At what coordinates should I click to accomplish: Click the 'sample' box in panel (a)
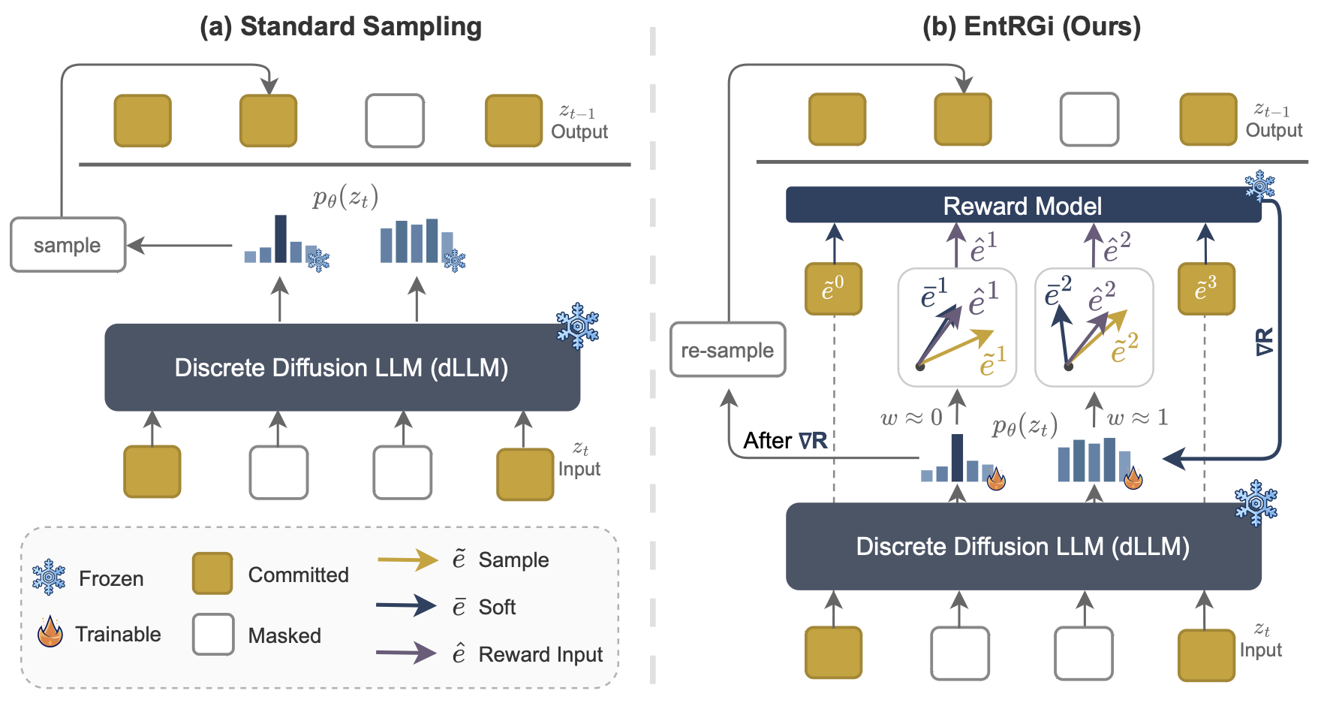tap(68, 245)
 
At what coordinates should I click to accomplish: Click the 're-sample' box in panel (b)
tap(727, 350)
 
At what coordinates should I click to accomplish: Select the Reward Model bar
tap(1022, 205)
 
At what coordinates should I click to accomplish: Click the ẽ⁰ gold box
tap(833, 288)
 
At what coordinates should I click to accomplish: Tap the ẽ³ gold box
tap(1205, 288)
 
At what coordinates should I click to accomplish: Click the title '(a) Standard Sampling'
tap(340, 26)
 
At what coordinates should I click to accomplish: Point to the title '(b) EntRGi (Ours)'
tap(1031, 26)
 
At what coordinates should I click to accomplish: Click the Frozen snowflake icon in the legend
tap(50, 577)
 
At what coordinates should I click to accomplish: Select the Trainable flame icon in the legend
tap(50, 632)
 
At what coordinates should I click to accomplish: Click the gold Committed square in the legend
tap(212, 574)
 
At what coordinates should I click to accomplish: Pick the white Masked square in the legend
tap(213, 634)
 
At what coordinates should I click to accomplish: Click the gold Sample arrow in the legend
tap(407, 560)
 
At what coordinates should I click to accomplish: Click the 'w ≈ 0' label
tap(911, 418)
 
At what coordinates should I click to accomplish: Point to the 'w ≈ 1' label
tap(1138, 418)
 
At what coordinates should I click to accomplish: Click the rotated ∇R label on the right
tap(1264, 342)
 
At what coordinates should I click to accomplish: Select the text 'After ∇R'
tap(785, 440)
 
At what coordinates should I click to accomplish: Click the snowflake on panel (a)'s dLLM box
tap(577, 326)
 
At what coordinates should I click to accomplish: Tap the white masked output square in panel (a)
tap(395, 120)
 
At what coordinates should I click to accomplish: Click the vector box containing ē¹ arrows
tap(957, 327)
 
